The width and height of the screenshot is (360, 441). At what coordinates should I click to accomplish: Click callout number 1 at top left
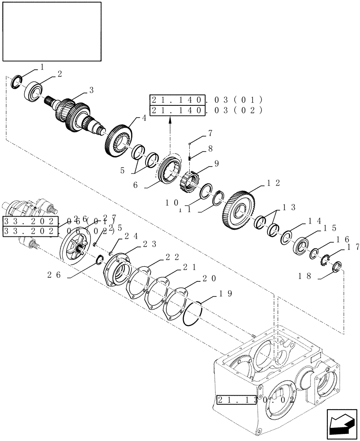(42, 67)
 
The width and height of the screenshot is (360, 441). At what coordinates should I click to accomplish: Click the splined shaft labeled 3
(73, 115)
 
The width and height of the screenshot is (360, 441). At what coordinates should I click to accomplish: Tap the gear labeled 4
(119, 140)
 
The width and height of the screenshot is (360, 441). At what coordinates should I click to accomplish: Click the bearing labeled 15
(302, 245)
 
